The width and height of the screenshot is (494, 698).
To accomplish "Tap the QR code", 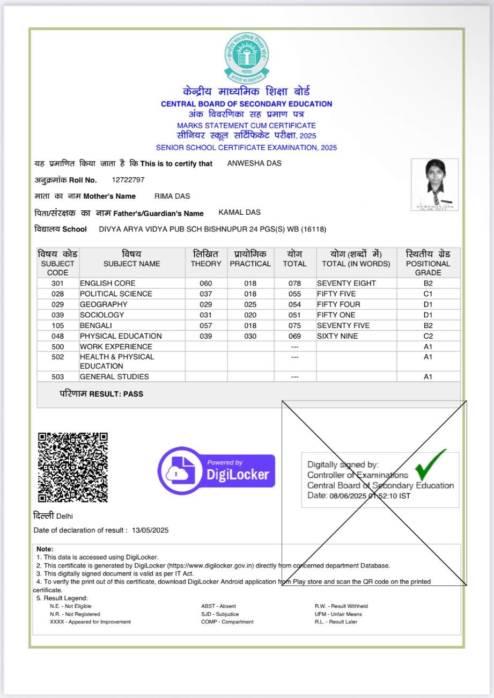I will pos(73,467).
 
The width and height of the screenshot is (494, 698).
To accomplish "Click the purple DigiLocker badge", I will pos(216,470).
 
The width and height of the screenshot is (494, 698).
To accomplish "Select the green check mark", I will pos(430,464).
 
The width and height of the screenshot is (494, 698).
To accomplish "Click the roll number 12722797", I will pos(128,179).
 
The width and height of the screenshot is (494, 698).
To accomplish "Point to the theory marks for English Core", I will pos(206,283).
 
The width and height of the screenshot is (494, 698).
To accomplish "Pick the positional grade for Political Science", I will pos(427,294).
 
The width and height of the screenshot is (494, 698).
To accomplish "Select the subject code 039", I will pos(57,315).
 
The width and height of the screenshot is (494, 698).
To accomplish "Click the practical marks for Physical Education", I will pos(250,336).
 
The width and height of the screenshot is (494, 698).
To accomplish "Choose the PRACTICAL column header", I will pos(250,264).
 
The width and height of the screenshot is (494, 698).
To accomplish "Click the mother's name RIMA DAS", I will pos(172,196).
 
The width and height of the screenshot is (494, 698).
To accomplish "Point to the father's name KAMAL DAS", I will pos(239,213).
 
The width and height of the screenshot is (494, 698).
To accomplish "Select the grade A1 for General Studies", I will pos(427,376).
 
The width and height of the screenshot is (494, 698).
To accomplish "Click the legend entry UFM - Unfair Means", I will pos(338,614).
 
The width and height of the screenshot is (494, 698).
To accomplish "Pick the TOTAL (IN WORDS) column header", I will pos(356,264).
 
